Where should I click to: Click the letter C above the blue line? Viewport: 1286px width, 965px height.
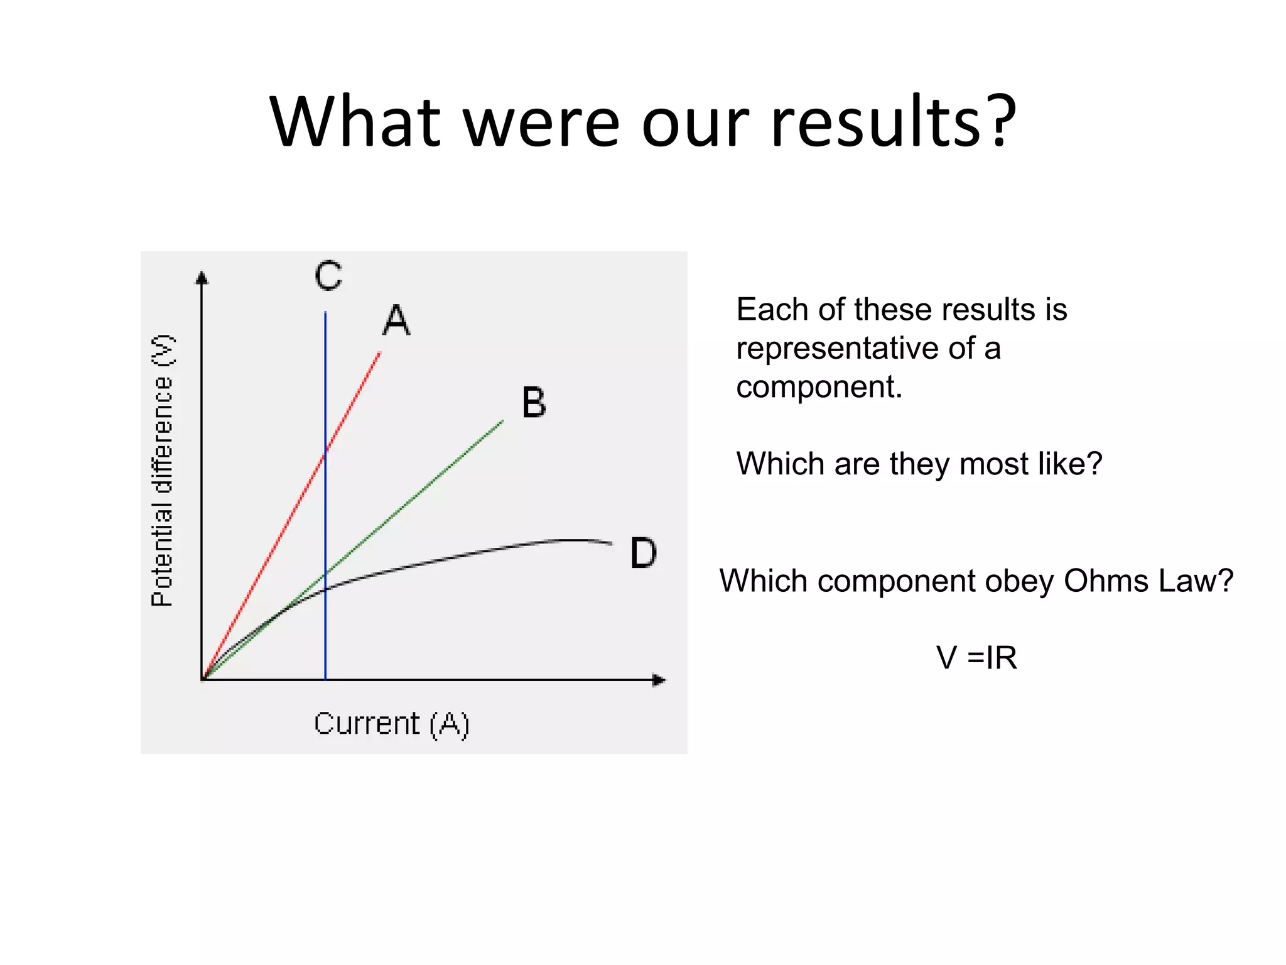pos(328,276)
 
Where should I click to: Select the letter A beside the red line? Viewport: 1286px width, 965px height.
pos(396,320)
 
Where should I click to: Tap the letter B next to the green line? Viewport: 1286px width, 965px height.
pos(534,402)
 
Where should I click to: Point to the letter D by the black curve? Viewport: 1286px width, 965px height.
pos(643,553)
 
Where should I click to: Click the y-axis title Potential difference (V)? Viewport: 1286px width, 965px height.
pos(162,471)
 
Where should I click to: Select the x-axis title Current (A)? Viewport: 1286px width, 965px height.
pos(391,724)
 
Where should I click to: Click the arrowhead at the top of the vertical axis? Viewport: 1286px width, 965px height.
pos(202,278)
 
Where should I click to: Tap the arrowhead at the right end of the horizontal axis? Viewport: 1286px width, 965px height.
pos(659,680)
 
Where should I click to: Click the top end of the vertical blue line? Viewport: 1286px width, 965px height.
pos(325,312)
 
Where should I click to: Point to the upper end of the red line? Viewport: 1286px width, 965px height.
pos(380,353)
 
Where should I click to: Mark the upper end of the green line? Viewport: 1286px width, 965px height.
pos(503,422)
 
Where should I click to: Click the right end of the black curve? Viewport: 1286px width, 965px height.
pos(612,543)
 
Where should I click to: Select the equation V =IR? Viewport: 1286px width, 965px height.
pos(976,658)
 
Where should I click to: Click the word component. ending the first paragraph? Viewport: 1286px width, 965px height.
pos(819,388)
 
